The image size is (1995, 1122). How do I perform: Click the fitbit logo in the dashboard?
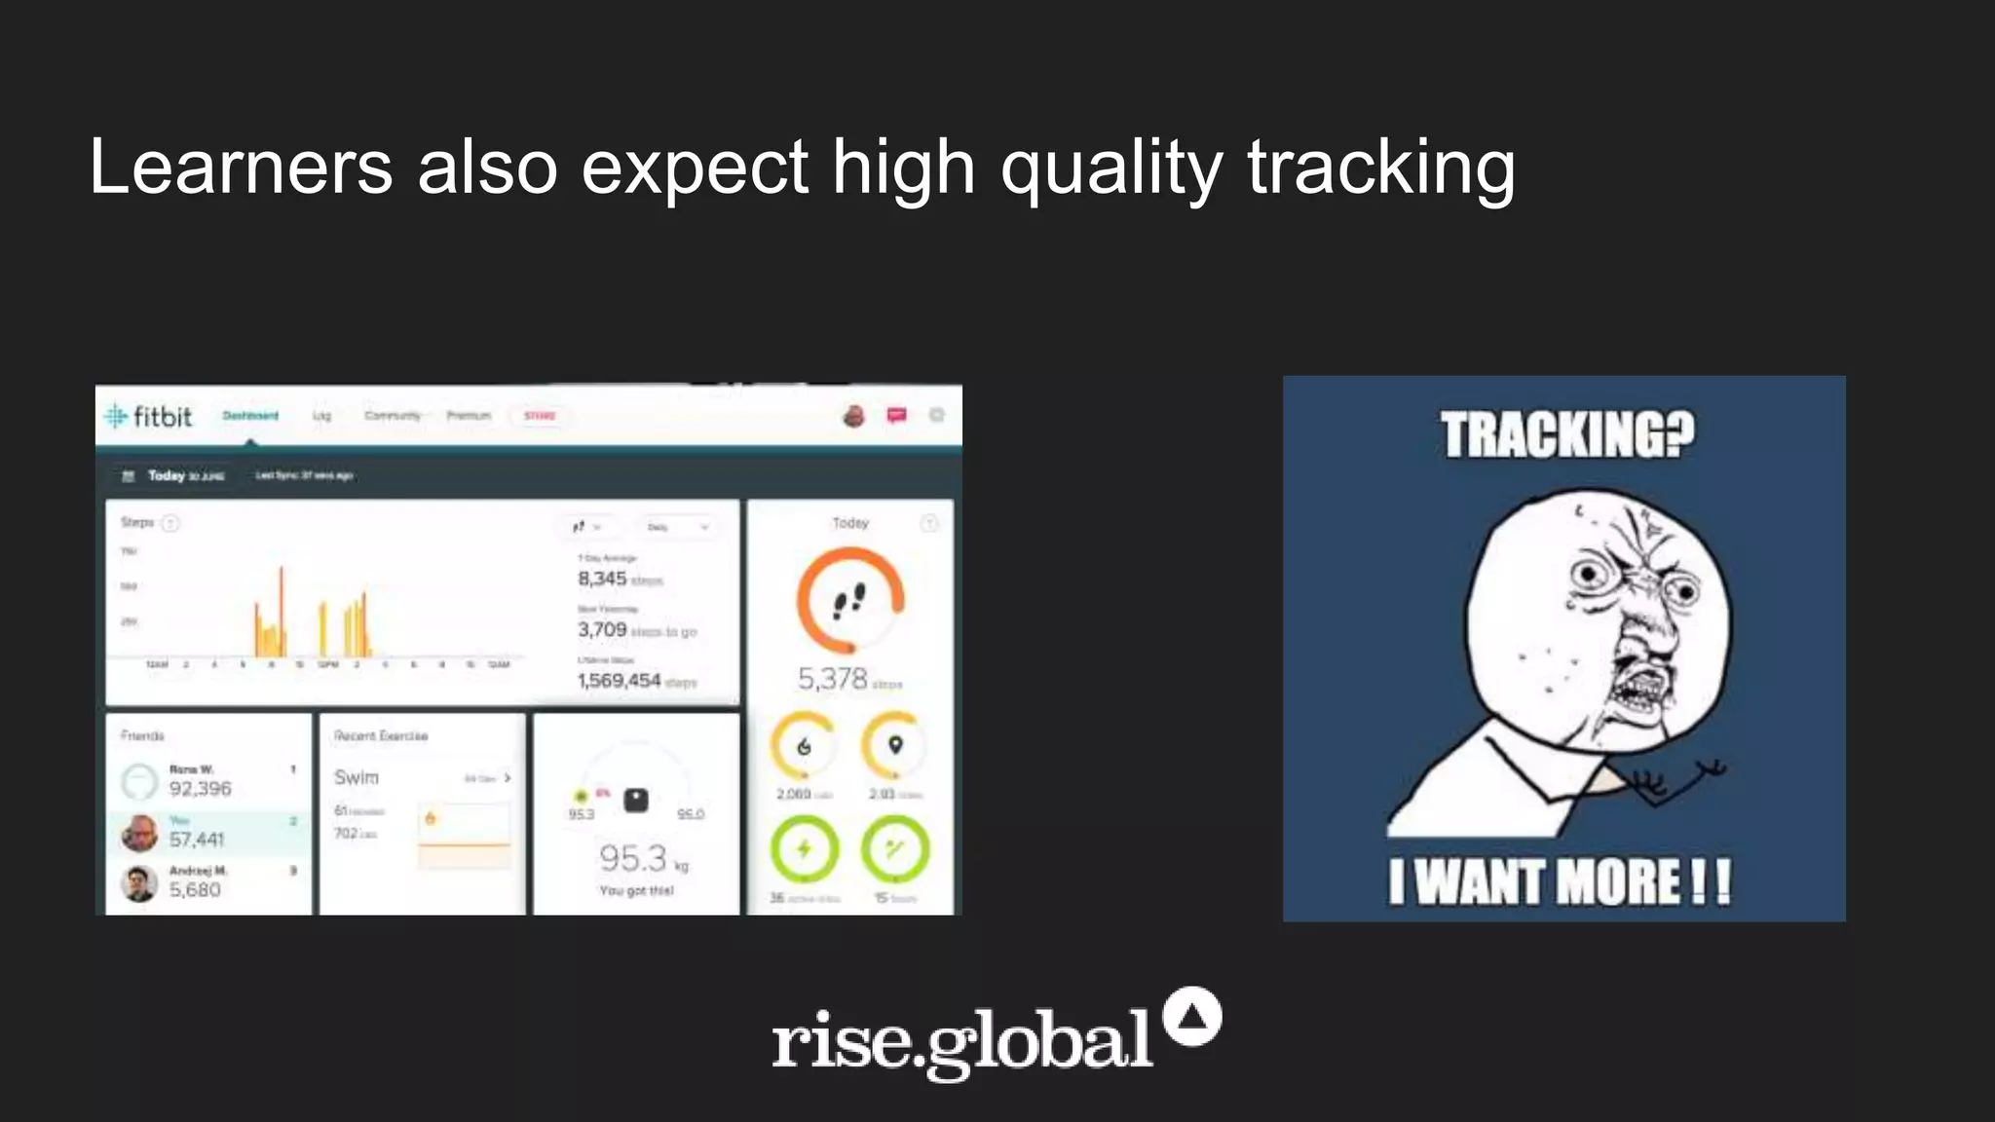pyautogui.click(x=149, y=417)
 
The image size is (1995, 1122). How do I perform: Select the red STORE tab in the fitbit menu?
pyautogui.click(x=539, y=416)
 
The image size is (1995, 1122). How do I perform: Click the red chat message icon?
pyautogui.click(x=896, y=416)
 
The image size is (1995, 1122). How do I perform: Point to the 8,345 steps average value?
pyautogui.click(x=602, y=579)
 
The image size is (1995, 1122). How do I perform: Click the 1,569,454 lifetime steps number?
pyautogui.click(x=619, y=680)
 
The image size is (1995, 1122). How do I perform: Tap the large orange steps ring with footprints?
pyautogui.click(x=850, y=600)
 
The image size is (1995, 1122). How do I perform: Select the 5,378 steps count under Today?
pyautogui.click(x=832, y=678)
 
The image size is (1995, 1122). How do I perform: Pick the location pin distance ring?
pyautogui.click(x=894, y=746)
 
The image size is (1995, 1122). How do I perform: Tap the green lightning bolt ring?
pyautogui.click(x=804, y=848)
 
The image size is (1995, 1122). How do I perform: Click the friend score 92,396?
pyautogui.click(x=200, y=788)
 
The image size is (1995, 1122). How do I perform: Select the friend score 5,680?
pyautogui.click(x=195, y=889)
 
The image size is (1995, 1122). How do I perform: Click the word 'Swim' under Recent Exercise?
pyautogui.click(x=356, y=777)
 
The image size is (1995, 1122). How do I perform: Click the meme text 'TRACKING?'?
pyautogui.click(x=1567, y=434)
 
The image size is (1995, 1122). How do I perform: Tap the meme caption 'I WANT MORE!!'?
pyautogui.click(x=1560, y=881)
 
